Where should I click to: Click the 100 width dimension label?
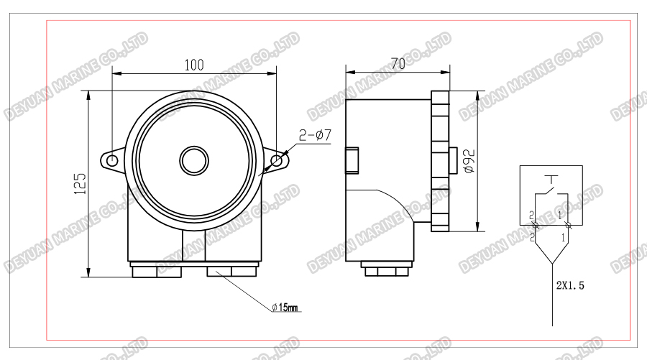(x=193, y=65)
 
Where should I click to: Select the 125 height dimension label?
(x=81, y=183)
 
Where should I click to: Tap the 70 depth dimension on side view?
(x=397, y=64)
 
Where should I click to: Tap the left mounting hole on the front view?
(x=112, y=160)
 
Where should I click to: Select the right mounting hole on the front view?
(x=276, y=160)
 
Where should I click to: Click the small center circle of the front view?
(x=193, y=160)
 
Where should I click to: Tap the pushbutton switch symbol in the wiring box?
(x=551, y=188)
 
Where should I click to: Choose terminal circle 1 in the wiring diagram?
(x=568, y=226)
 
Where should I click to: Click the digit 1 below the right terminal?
(x=561, y=236)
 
